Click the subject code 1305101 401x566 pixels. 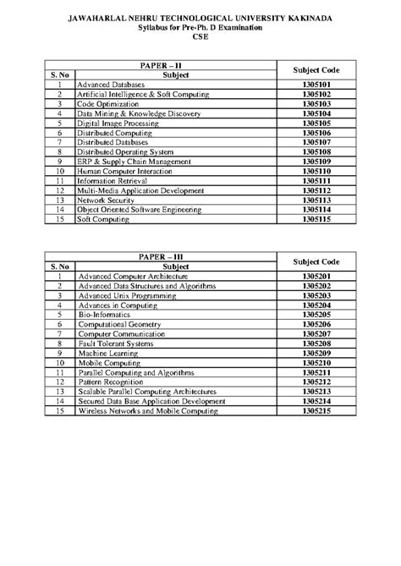click(x=315, y=85)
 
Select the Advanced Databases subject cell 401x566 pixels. click(x=111, y=85)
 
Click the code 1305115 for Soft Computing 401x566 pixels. click(x=315, y=217)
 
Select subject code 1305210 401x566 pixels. click(x=315, y=361)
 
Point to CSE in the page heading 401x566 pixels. click(x=200, y=37)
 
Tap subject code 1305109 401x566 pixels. click(x=315, y=161)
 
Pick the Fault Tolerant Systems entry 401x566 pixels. click(x=116, y=343)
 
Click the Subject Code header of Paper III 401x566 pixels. click(x=315, y=261)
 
